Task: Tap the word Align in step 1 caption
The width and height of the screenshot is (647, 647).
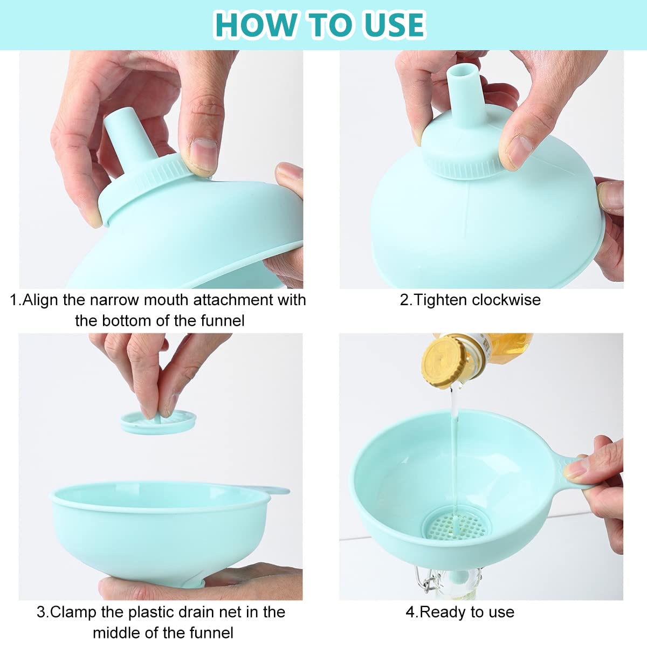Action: tap(41, 300)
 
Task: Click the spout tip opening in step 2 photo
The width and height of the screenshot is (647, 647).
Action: tap(463, 70)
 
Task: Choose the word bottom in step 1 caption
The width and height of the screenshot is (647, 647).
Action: tap(129, 321)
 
